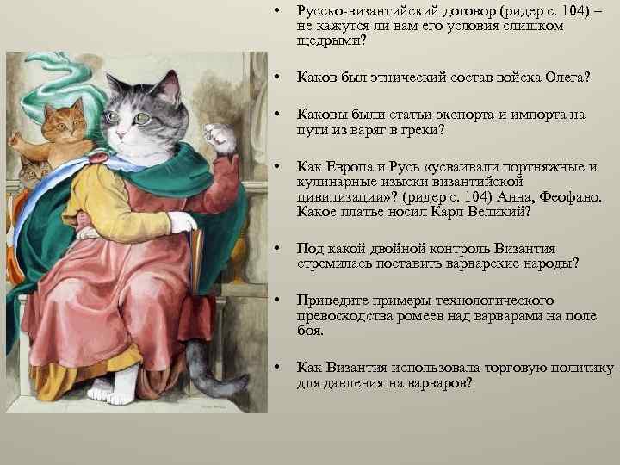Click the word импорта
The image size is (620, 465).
[x=534, y=115]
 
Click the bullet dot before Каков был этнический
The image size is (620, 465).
[x=274, y=78]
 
